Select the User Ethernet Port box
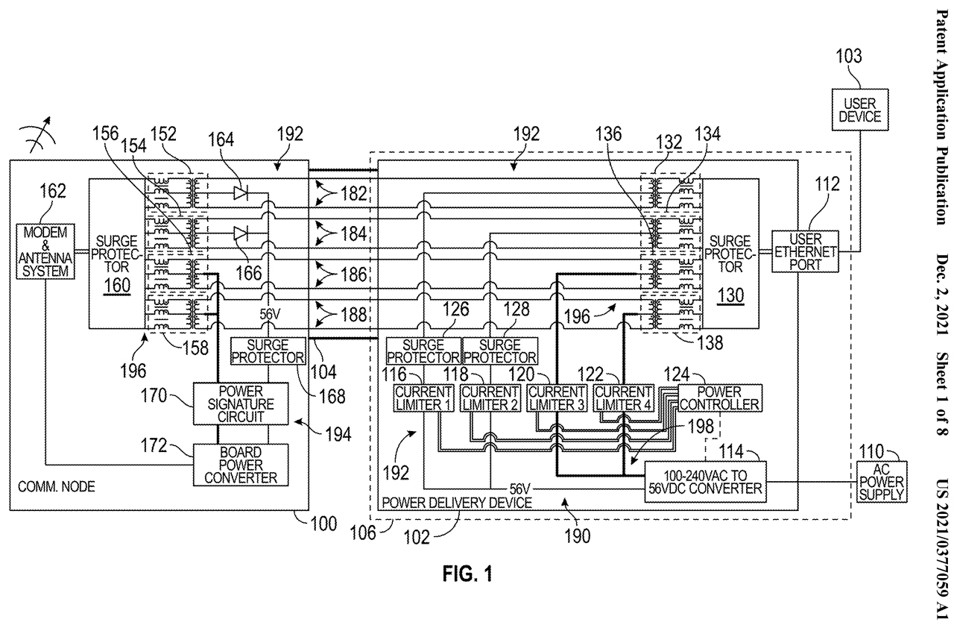[806, 252]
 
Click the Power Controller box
[718, 398]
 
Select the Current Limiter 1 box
[424, 398]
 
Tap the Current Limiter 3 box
[557, 398]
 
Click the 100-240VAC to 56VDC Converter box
[704, 482]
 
